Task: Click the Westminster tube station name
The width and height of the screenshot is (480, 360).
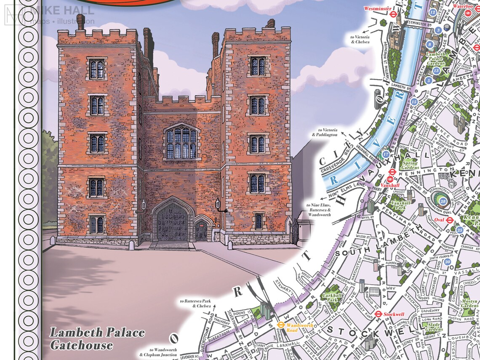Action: (x=375, y=8)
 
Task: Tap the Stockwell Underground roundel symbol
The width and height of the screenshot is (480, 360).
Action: (x=379, y=314)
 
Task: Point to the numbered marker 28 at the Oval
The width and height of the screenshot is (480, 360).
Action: (x=443, y=202)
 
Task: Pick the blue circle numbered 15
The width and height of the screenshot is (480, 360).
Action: (x=414, y=101)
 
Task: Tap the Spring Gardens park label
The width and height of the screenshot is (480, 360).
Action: (x=410, y=165)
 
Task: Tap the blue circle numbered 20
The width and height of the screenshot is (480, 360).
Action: (x=447, y=262)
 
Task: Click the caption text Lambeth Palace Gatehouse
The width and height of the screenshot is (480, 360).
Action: (x=97, y=339)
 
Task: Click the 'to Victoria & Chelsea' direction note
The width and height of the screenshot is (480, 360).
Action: (x=360, y=40)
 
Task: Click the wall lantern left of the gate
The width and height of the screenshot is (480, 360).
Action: (x=144, y=205)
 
